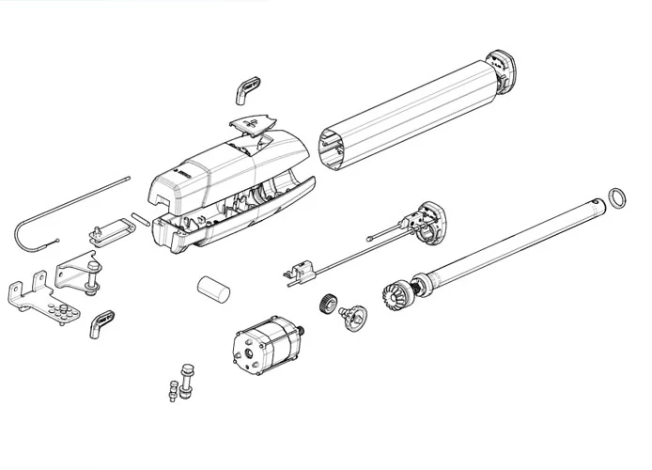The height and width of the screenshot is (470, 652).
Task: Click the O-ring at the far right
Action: (x=616, y=198)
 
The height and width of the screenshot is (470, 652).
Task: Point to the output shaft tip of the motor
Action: (x=305, y=331)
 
